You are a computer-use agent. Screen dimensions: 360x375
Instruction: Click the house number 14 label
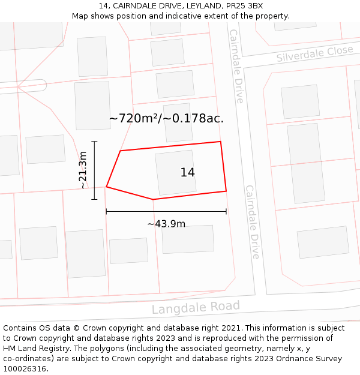click(x=187, y=173)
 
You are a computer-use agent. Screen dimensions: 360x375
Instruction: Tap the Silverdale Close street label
click(x=314, y=54)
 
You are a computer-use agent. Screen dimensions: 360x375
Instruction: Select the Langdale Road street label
click(x=196, y=308)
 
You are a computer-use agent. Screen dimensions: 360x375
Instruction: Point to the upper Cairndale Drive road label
click(x=236, y=66)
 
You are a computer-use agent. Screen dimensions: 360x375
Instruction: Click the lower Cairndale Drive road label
click(x=253, y=222)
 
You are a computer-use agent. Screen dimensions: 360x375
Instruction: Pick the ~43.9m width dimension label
click(x=166, y=224)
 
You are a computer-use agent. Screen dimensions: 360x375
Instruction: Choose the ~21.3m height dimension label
click(x=83, y=170)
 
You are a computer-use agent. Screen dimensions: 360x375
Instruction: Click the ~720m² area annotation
click(x=166, y=118)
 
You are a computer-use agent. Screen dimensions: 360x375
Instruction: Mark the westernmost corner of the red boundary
click(x=107, y=187)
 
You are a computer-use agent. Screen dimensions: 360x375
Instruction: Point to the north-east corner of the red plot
click(x=221, y=142)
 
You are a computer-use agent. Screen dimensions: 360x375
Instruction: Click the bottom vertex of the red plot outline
click(x=154, y=199)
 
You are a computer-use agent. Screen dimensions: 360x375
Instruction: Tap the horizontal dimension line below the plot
click(x=166, y=211)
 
